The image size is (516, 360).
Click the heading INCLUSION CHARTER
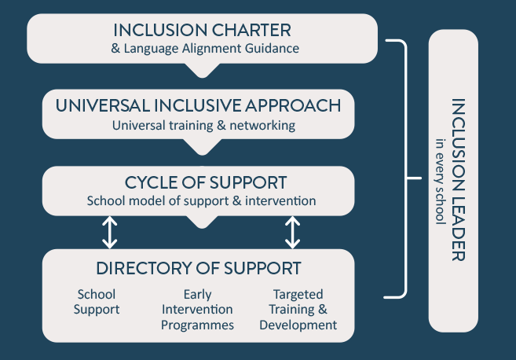point(202,31)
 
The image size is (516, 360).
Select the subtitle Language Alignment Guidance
point(211,49)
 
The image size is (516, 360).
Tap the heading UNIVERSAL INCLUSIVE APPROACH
point(198,106)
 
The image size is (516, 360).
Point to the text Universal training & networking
point(203,126)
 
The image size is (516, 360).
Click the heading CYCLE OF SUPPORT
point(206,182)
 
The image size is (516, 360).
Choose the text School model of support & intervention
point(201,200)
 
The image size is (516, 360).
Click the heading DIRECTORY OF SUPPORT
point(199,268)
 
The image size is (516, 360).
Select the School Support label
point(97,302)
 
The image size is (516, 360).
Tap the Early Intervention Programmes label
point(197,310)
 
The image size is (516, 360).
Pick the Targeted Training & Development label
point(298,310)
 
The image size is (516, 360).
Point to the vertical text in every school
point(441,182)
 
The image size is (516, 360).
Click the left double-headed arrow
point(110,232)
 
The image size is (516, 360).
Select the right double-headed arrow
point(292,232)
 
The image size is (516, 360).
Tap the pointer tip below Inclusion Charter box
point(202,77)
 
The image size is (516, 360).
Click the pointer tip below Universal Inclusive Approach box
point(202,154)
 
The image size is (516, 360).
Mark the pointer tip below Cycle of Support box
point(202,227)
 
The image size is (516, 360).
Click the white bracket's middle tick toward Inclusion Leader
point(414,178)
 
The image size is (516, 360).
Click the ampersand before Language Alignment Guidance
point(115,49)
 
